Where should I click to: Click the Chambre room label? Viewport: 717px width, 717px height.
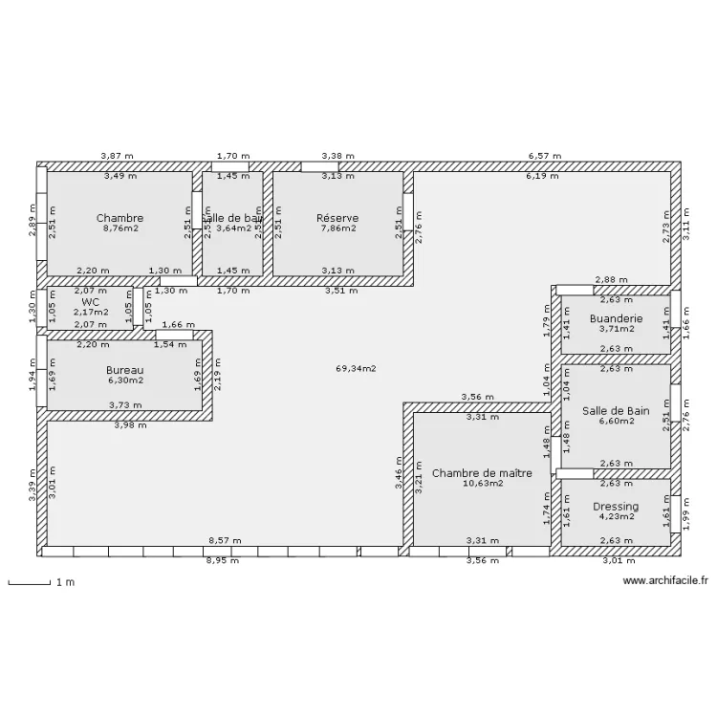119,218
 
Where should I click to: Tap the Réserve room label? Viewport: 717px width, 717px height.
337,218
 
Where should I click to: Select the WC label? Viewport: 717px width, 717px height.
91,301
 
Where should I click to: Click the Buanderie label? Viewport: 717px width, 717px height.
616,318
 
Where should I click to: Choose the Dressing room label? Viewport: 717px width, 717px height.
616,507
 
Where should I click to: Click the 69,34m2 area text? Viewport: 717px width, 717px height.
356,368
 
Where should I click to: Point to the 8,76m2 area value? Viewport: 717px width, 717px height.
119,228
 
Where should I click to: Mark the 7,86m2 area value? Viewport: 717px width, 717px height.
337,228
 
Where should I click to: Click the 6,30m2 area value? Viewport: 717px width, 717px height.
124,380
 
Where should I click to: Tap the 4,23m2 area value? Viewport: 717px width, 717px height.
616,517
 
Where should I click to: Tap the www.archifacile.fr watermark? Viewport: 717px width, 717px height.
665,580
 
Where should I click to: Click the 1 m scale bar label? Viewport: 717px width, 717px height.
65,582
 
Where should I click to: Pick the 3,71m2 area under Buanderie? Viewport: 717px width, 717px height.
616,329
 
